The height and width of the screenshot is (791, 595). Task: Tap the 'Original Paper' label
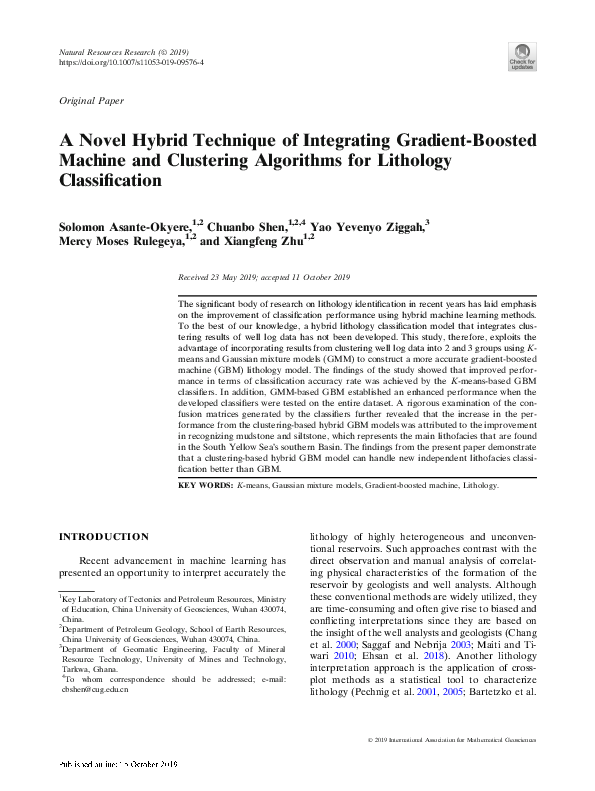91,102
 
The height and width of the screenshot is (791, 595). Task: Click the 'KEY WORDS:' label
205,484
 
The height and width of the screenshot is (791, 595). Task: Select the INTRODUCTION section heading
105,537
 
